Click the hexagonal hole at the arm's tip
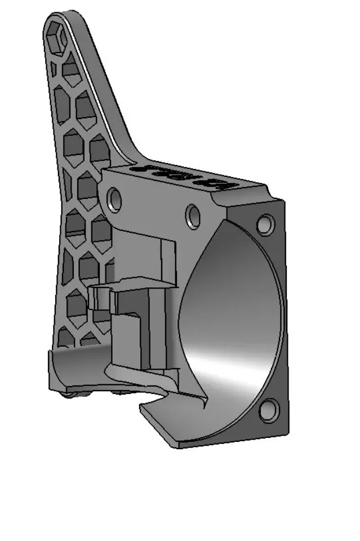[58, 38]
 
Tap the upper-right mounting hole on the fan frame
[264, 224]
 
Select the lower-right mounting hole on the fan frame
[269, 409]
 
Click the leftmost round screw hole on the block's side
[114, 199]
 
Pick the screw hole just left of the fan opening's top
[193, 216]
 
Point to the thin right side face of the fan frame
[284, 316]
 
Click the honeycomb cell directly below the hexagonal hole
[72, 70]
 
